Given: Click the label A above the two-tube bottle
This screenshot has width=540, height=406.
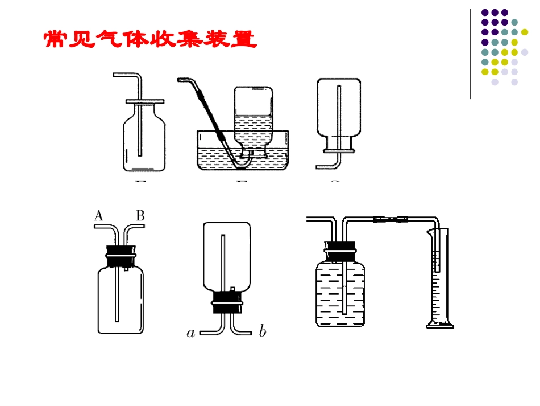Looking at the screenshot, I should coord(98,216).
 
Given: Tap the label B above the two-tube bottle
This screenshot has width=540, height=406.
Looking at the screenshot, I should coord(140,216).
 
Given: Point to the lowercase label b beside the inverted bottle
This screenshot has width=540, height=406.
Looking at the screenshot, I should coord(262,332).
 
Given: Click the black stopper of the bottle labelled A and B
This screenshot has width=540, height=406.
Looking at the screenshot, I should coord(121,255).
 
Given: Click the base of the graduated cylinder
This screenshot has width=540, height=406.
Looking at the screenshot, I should coord(441,325).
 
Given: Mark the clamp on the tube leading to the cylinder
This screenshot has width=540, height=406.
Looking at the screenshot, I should coord(391,219).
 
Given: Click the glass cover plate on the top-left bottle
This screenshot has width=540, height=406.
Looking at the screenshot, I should coord(145,101).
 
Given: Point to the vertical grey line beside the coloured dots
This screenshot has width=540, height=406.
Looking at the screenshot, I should coord(471,54).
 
